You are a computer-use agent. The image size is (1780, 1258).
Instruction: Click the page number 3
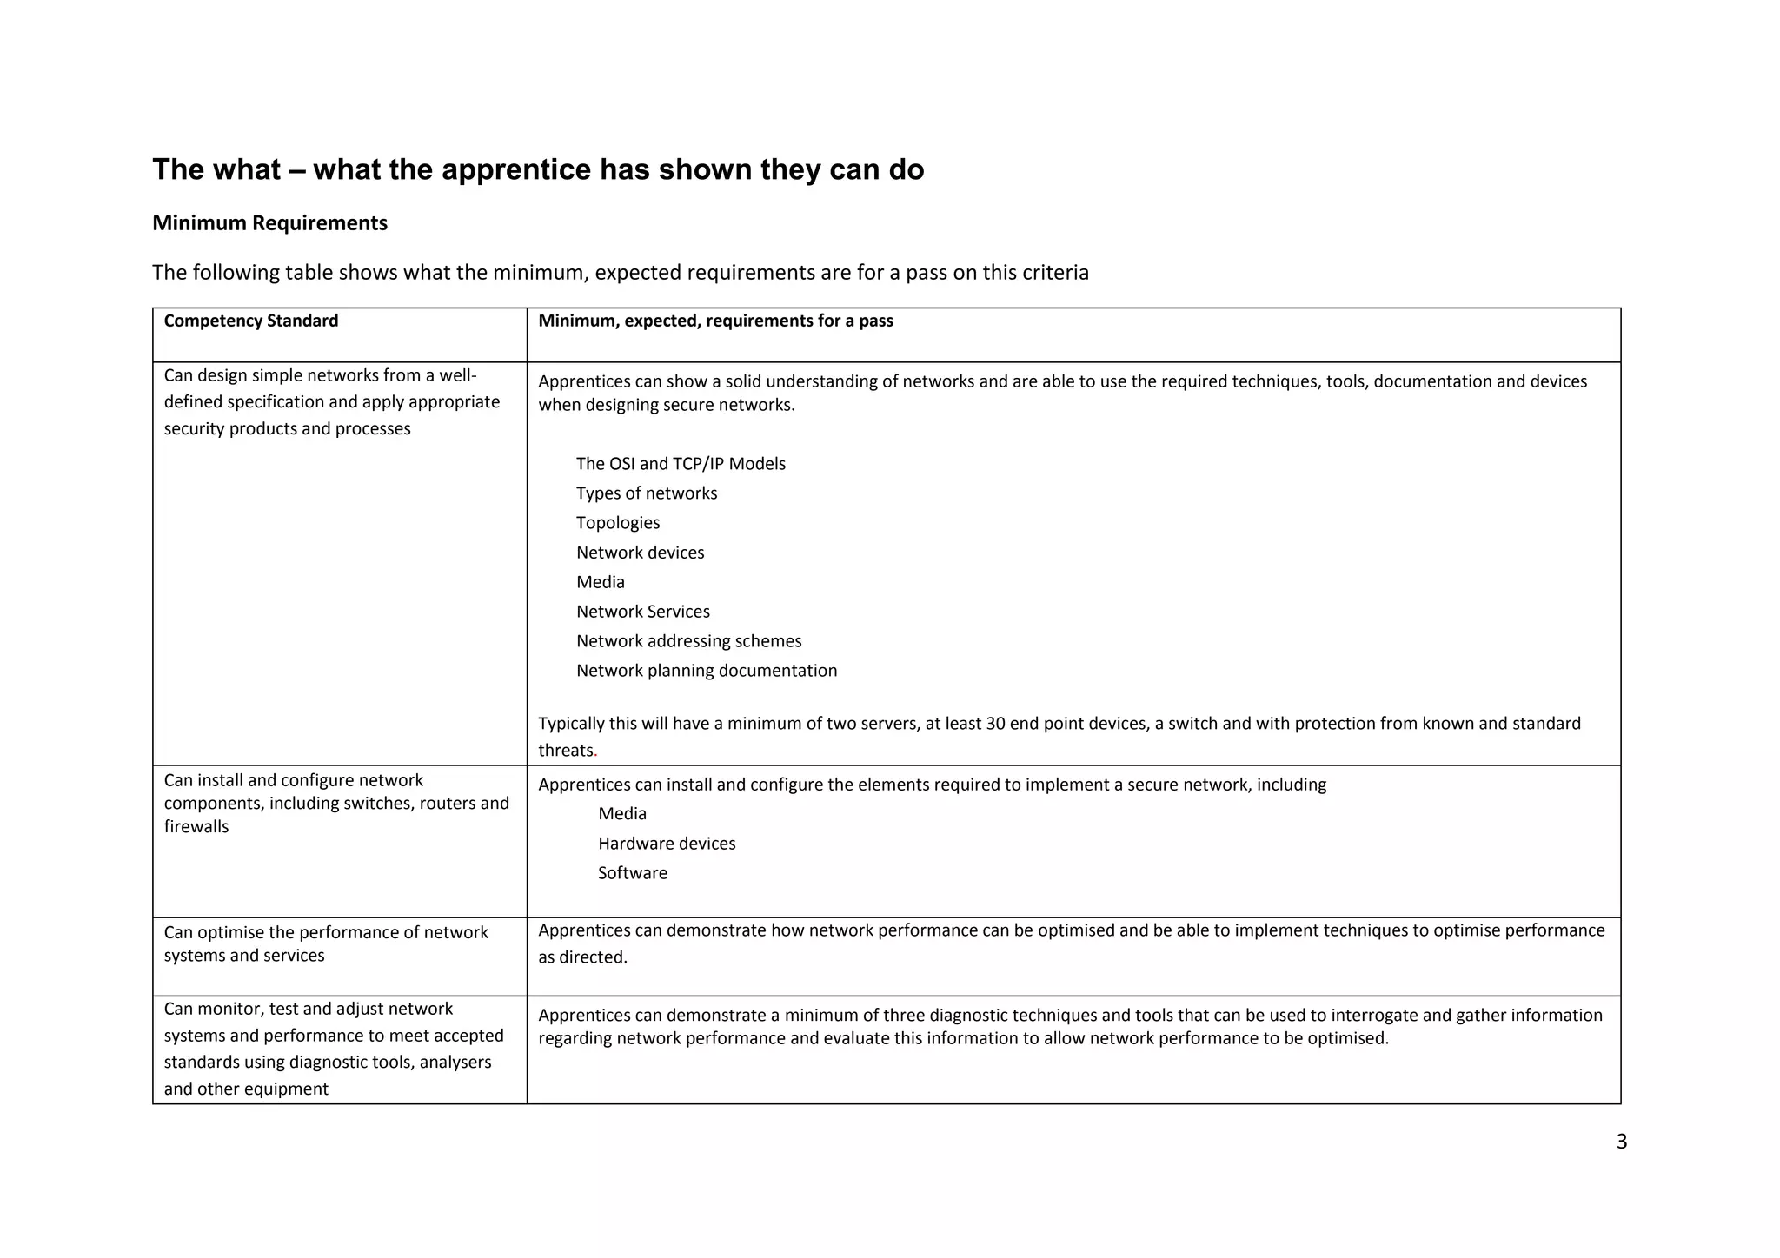[x=1621, y=1142]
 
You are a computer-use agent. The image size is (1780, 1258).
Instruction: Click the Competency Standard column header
[x=250, y=321]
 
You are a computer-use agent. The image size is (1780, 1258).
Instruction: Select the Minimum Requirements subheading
[x=269, y=223]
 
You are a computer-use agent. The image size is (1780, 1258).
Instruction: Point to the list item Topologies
[x=617, y=523]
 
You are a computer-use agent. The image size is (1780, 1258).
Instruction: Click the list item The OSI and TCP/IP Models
[x=681, y=464]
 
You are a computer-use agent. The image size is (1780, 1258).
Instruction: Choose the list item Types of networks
[x=647, y=493]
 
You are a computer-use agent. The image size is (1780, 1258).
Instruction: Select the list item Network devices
[x=640, y=553]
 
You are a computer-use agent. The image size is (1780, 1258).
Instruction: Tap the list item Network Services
[x=642, y=612]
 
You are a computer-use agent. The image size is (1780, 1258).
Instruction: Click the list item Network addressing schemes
[x=688, y=641]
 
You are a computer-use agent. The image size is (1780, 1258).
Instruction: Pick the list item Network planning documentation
[x=707, y=671]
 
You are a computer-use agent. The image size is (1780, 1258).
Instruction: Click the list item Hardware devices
[x=667, y=844]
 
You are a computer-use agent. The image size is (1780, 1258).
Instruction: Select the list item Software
[x=633, y=873]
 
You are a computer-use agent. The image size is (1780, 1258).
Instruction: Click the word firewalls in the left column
[x=196, y=827]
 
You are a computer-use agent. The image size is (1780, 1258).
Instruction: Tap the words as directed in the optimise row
[x=582, y=957]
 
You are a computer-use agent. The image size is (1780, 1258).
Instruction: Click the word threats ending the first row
[x=566, y=751]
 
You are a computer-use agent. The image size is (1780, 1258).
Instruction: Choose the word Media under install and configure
[x=622, y=814]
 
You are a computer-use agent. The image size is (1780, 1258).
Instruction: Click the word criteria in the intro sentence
[x=1055, y=273]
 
